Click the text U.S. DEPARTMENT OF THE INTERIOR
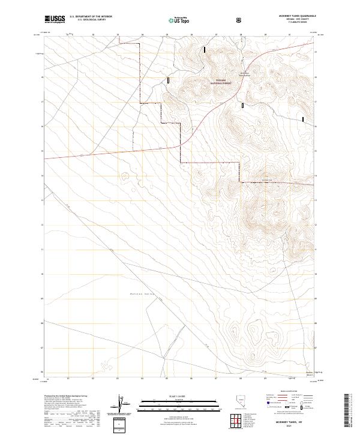point(95,17)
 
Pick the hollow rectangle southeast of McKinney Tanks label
point(243,105)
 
